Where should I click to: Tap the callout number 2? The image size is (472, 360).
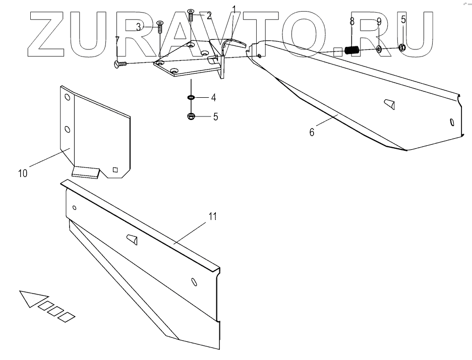pos(208,16)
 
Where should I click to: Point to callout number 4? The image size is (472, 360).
pos(214,97)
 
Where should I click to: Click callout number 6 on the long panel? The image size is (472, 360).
pos(312,132)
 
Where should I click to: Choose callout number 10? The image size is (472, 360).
pos(22,173)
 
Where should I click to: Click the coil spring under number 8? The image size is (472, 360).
pos(352,50)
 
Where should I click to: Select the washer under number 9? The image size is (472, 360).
pos(378,49)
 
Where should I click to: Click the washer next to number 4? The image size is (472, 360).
pos(192,97)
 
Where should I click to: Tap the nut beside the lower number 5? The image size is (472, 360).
pos(191,117)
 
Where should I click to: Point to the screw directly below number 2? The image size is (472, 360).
pos(191,15)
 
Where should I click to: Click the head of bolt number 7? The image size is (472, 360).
pos(119,64)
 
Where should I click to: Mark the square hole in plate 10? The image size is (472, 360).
pos(115,169)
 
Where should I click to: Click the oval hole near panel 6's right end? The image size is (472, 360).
pos(451,123)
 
